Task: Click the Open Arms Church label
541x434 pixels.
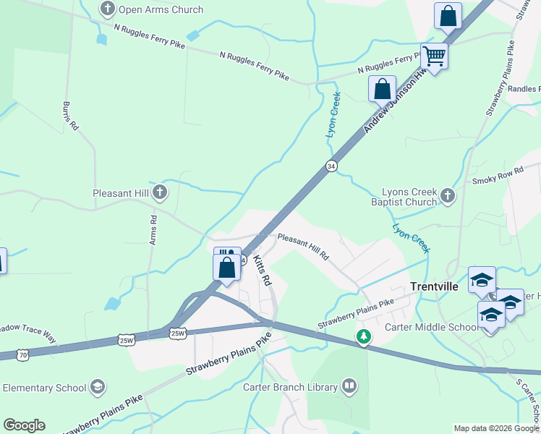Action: click(x=161, y=10)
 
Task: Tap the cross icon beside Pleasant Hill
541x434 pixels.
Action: click(x=160, y=193)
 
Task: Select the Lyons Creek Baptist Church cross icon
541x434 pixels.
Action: click(x=448, y=196)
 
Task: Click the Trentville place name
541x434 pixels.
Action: click(x=434, y=286)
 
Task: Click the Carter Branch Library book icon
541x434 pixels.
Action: click(x=349, y=387)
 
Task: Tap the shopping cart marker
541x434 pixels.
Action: click(x=434, y=56)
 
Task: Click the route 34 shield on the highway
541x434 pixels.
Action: click(x=331, y=166)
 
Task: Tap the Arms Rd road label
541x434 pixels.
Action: click(x=153, y=229)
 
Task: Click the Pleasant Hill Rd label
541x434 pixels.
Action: click(x=303, y=247)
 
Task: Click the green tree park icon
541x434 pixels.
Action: click(x=364, y=336)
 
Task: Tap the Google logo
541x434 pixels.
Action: click(x=24, y=425)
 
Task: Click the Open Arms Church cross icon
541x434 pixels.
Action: click(x=108, y=10)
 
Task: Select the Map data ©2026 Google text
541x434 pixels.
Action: click(x=495, y=428)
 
